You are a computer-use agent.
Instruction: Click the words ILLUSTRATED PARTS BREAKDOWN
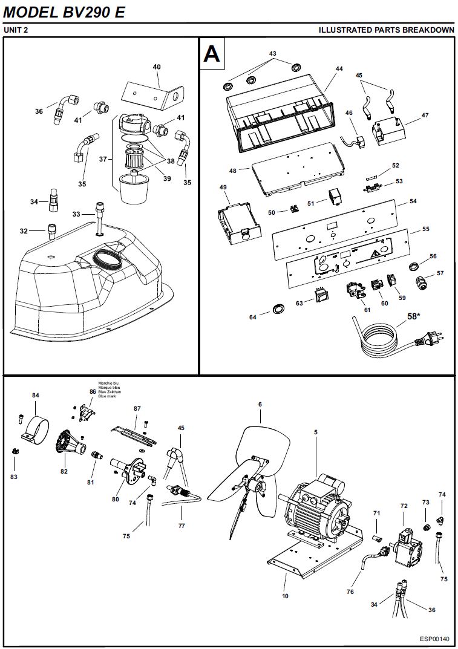pos(386,30)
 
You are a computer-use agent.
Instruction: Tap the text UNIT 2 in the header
pos(16,30)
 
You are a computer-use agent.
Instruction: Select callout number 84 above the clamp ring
pos(36,396)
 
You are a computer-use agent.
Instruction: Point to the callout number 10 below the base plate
pos(285,596)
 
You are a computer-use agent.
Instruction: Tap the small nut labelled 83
pos(13,450)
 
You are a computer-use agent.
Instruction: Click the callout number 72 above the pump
pos(404,504)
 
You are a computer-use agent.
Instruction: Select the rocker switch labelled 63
pos(320,295)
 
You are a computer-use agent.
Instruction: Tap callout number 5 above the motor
pos(315,433)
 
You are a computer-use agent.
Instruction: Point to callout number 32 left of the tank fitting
pos(24,231)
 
